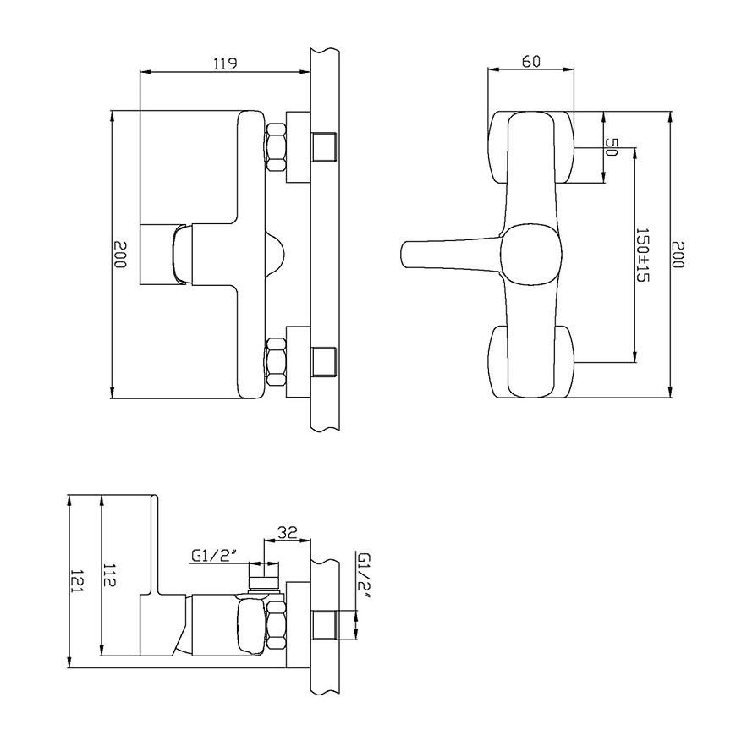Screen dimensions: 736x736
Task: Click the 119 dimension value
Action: (x=225, y=63)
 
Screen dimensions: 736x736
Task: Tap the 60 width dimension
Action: (x=531, y=62)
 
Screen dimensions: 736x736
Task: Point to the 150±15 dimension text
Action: (x=642, y=255)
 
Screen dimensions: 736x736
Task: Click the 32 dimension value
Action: (x=288, y=532)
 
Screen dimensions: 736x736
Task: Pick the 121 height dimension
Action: (x=76, y=580)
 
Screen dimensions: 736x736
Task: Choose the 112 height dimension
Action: (x=109, y=574)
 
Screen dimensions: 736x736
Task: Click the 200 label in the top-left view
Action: (x=120, y=255)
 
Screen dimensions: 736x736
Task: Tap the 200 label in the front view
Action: (x=678, y=255)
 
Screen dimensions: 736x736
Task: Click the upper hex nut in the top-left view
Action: (x=276, y=147)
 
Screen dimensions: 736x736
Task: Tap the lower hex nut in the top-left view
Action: (x=276, y=362)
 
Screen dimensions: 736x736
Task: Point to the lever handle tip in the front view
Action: (x=404, y=255)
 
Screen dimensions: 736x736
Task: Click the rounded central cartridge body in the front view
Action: (x=531, y=255)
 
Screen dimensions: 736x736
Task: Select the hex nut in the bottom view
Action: (x=276, y=625)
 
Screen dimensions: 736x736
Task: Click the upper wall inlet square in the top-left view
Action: (x=325, y=147)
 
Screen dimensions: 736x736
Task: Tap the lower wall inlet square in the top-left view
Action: (x=325, y=362)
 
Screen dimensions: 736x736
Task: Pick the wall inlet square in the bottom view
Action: (x=325, y=625)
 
